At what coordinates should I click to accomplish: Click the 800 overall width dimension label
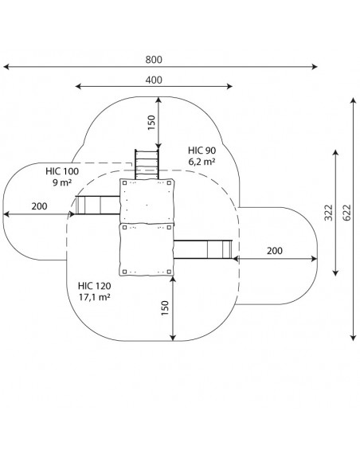(154, 60)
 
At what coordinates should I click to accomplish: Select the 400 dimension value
(154, 80)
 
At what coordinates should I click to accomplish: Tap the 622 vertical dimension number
(347, 213)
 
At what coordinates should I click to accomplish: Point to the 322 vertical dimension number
(329, 213)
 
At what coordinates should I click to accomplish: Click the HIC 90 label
(202, 151)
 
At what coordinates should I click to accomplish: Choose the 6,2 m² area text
(202, 161)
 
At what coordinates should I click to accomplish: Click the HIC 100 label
(62, 171)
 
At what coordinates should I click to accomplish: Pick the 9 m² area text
(62, 182)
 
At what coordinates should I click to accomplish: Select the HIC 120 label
(95, 285)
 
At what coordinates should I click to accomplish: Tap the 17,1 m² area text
(95, 297)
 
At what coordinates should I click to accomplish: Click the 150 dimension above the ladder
(151, 123)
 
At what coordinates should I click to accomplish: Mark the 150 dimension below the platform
(165, 308)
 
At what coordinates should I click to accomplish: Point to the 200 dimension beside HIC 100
(39, 206)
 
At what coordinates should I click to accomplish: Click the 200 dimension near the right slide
(275, 251)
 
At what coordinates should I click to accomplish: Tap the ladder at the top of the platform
(147, 164)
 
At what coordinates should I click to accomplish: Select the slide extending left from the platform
(97, 205)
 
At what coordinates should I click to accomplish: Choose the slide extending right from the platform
(203, 249)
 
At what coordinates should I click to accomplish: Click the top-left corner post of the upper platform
(124, 183)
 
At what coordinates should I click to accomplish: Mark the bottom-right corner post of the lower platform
(169, 272)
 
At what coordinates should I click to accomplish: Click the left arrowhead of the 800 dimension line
(6, 67)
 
